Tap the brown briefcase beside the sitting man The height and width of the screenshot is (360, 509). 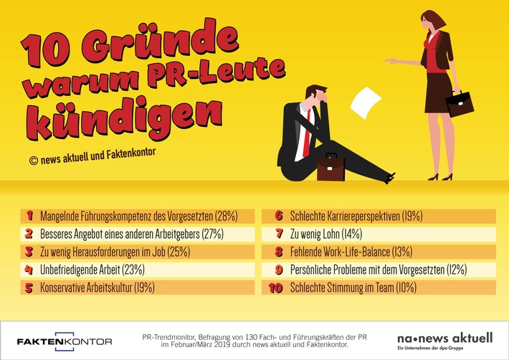coord(331,167)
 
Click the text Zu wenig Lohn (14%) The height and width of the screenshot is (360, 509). coord(326,234)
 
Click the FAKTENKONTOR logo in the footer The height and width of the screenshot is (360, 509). coord(65,340)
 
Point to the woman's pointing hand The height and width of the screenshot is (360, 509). coord(391,62)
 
